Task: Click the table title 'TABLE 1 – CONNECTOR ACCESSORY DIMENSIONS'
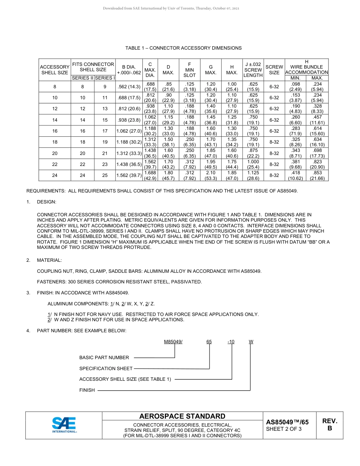[183, 48]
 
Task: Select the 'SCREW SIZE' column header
[274, 69]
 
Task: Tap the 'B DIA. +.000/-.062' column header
[128, 69]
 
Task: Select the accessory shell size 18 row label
[55, 142]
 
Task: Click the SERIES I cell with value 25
[105, 175]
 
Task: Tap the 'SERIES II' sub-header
[82, 78]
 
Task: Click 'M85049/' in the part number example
[173, 342]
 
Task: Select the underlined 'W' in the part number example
[251, 342]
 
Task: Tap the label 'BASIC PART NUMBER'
[104, 358]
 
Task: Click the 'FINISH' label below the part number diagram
[87, 390]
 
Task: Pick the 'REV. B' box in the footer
[329, 425]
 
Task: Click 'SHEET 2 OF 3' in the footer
[284, 429]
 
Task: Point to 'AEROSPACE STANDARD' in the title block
[182, 416]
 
